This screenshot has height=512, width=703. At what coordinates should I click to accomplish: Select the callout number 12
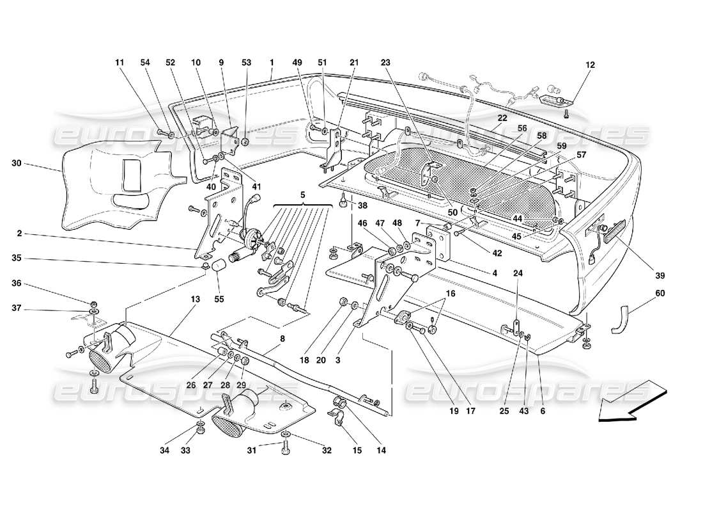pos(589,64)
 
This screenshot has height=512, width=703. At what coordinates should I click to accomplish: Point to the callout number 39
pos(659,276)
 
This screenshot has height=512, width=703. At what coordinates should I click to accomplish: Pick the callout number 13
pos(195,300)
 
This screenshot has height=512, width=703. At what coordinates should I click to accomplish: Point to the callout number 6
pos(543,412)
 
